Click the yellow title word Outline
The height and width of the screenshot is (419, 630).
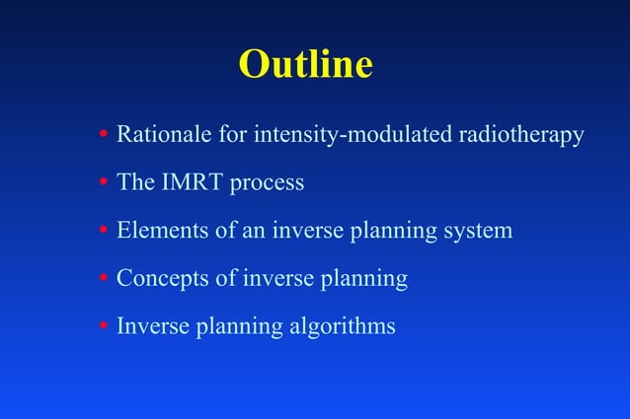point(305,65)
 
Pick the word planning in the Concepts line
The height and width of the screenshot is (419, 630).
point(366,280)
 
